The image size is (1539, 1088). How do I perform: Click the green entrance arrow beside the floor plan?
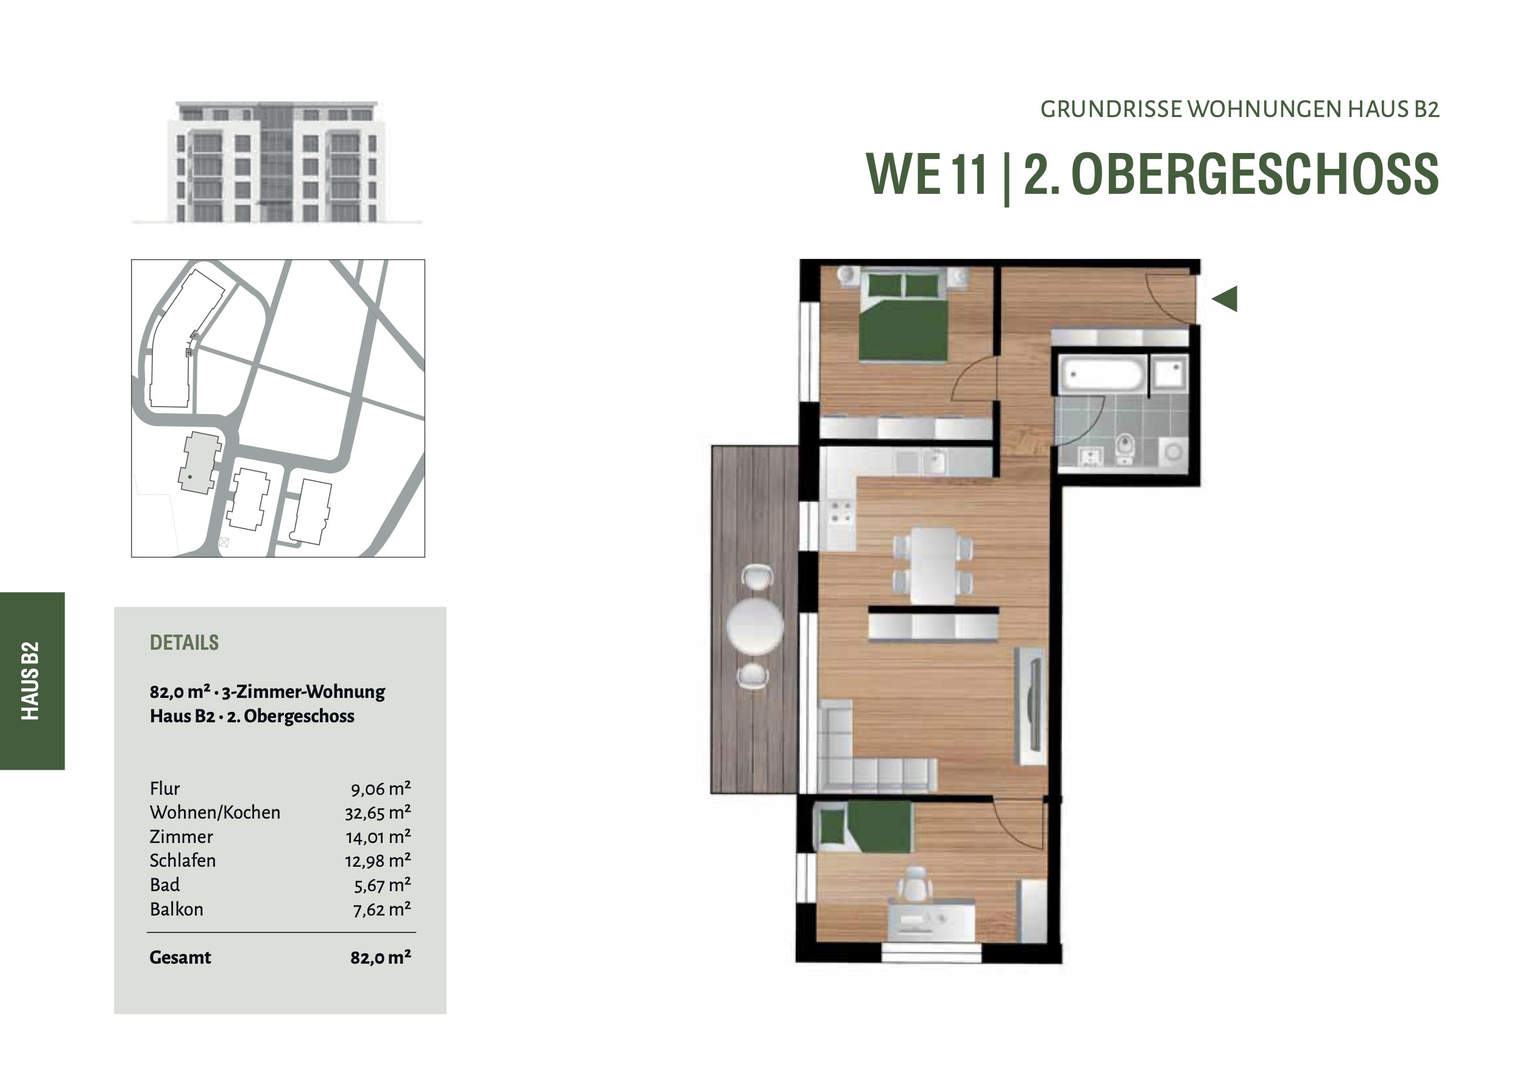[x=1225, y=299]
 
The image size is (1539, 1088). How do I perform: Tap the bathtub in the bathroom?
[x=1103, y=374]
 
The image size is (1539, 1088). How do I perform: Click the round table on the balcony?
[x=755, y=626]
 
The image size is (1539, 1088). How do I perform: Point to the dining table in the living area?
[x=933, y=565]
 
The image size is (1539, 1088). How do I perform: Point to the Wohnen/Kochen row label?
[x=215, y=812]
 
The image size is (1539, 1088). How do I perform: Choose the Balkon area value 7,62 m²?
[x=381, y=909]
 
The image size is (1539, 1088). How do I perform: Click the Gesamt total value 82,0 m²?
[x=381, y=957]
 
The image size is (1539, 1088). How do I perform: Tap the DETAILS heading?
[x=185, y=642]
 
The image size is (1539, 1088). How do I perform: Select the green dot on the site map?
[x=190, y=477]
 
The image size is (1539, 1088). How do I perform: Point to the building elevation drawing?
[x=277, y=162]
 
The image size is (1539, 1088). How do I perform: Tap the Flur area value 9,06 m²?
[x=381, y=789]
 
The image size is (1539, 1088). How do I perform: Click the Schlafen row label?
[x=183, y=861]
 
